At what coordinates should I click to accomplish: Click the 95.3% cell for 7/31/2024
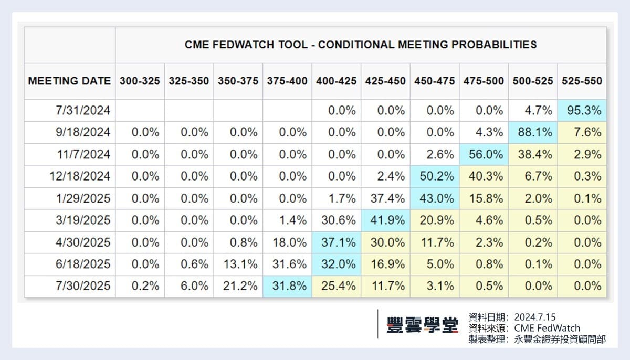[x=582, y=111]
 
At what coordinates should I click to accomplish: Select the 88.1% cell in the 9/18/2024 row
[x=533, y=133]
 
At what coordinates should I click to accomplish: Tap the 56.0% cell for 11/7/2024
[x=484, y=155]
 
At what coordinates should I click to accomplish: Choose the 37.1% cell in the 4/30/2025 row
[x=336, y=243]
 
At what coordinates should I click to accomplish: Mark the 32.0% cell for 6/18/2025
[x=336, y=264]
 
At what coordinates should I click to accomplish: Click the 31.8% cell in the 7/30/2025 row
[x=287, y=287]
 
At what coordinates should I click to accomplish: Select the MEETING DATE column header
[x=69, y=81]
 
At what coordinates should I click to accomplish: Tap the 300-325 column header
[x=140, y=81]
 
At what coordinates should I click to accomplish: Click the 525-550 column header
[x=582, y=81]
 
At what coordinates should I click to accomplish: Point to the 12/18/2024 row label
[x=80, y=177]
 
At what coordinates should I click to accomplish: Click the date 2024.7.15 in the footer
[x=535, y=317]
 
